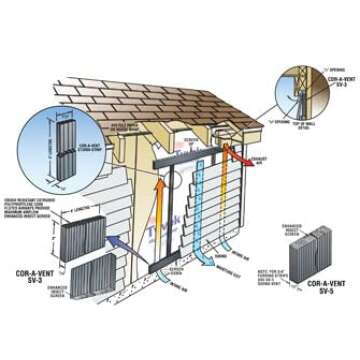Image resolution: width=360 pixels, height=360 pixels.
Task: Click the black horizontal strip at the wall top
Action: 190,162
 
